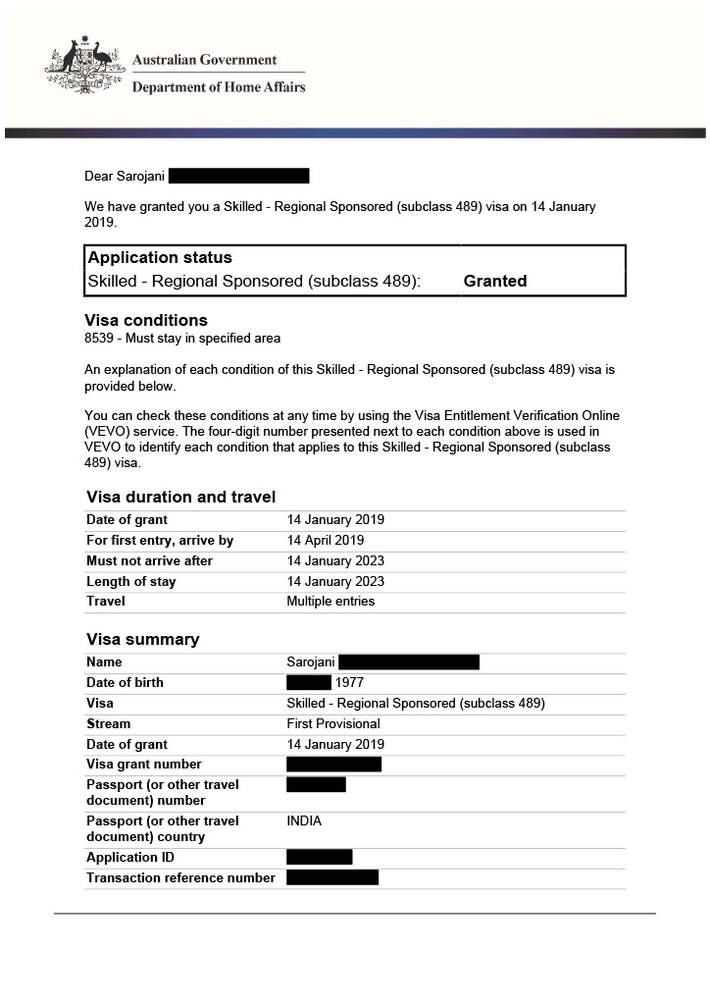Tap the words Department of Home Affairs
(219, 87)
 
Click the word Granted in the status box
(495, 281)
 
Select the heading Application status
(160, 258)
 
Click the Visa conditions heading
(146, 320)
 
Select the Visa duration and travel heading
(180, 497)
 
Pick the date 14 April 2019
(326, 541)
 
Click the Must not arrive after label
(149, 561)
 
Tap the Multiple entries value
(330, 602)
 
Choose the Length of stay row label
(131, 582)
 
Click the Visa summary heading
(142, 640)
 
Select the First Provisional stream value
(332, 724)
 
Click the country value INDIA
(304, 821)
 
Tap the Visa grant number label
(144, 765)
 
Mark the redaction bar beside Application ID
(319, 858)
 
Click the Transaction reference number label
(180, 878)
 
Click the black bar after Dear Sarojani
(238, 177)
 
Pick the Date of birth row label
(125, 683)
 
